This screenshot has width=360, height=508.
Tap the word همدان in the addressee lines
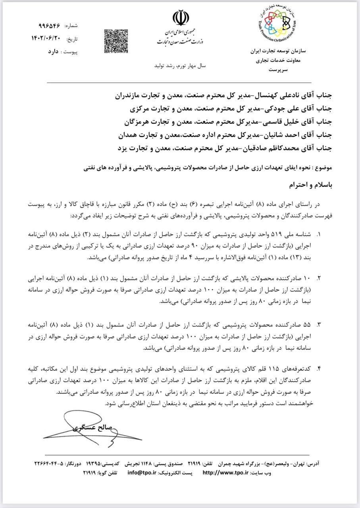pos(131,135)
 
